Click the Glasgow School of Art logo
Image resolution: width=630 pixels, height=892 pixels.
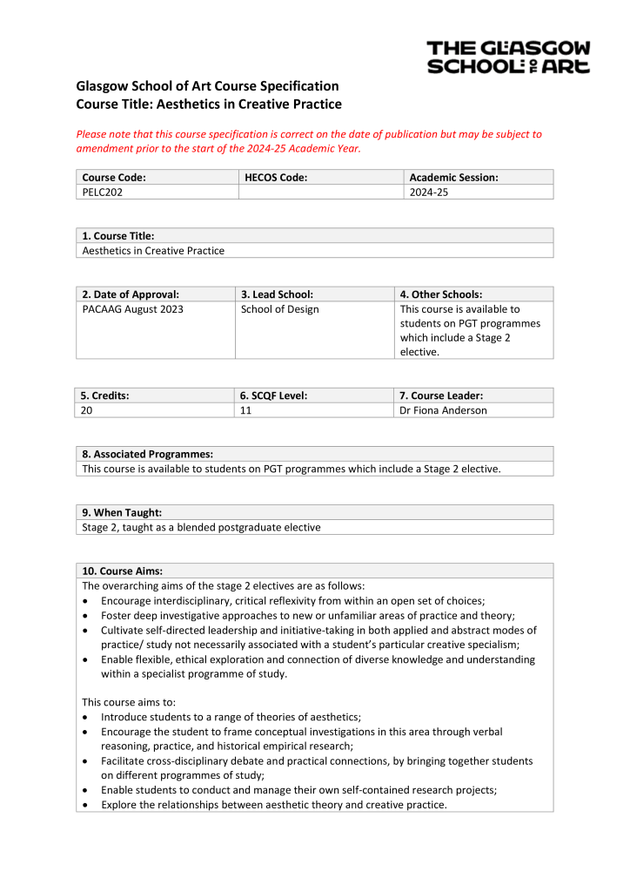(508, 57)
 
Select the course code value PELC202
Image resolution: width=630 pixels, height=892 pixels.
(102, 193)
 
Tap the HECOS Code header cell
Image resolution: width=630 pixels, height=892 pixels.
(276, 178)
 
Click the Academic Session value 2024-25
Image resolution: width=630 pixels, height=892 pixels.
(428, 193)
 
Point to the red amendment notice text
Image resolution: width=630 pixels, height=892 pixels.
(309, 141)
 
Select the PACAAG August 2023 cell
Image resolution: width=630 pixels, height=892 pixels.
(132, 309)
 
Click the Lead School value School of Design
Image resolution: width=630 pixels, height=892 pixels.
(279, 309)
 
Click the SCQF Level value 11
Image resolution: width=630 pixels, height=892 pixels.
(246, 410)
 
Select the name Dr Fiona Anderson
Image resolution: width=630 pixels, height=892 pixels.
(443, 410)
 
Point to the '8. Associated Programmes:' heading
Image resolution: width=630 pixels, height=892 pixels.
(147, 454)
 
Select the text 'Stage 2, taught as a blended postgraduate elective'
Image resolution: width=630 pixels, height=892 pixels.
(201, 527)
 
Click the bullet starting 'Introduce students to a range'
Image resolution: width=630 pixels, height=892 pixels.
(231, 717)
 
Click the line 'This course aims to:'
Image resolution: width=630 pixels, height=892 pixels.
(127, 701)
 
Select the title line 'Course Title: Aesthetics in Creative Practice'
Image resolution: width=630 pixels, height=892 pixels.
(209, 105)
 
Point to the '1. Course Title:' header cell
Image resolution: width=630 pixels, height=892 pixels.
(118, 236)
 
